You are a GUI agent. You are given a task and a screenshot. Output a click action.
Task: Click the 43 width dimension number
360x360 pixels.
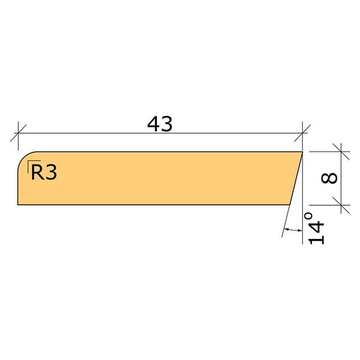[160, 124]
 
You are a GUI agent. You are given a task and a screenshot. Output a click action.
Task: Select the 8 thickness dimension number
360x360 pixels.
[329, 178]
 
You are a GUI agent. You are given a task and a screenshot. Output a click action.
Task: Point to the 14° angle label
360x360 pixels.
[316, 228]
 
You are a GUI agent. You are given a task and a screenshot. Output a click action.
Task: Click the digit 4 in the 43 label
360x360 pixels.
[154, 124]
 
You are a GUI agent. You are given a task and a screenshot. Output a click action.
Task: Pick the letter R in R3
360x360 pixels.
[37, 172]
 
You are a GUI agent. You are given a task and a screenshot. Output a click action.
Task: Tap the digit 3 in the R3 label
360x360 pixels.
[51, 173]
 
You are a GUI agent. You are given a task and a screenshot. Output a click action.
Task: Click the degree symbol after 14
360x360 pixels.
[308, 216]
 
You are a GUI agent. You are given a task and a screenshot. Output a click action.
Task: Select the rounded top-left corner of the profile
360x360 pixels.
[24, 157]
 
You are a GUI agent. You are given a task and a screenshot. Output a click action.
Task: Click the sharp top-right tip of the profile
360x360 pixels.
[303, 152]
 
